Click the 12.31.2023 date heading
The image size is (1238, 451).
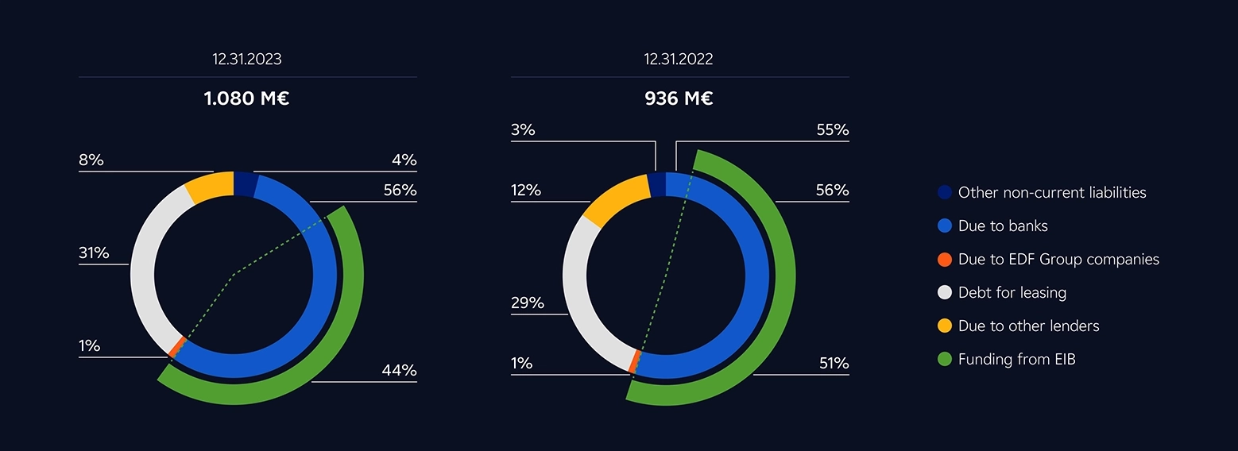pos(246,60)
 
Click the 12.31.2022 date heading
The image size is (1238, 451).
pos(678,60)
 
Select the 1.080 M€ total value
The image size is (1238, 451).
pos(246,99)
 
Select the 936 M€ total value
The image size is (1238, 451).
pos(678,99)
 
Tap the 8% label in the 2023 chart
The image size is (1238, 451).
pos(91,160)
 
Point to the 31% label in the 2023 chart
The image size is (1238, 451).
pos(94,254)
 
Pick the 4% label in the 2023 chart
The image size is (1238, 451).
pos(404,160)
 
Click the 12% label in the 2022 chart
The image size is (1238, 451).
pos(525,191)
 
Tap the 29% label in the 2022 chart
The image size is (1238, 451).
pos(527,303)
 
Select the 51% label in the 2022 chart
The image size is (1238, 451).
pos(834,364)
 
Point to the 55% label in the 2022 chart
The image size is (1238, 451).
pos(833,130)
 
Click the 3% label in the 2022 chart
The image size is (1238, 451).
pos(523,130)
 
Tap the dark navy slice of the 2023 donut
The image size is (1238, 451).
pos(246,183)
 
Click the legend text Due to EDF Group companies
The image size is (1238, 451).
pos(1058,260)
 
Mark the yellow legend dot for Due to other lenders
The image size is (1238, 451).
pos(944,326)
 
